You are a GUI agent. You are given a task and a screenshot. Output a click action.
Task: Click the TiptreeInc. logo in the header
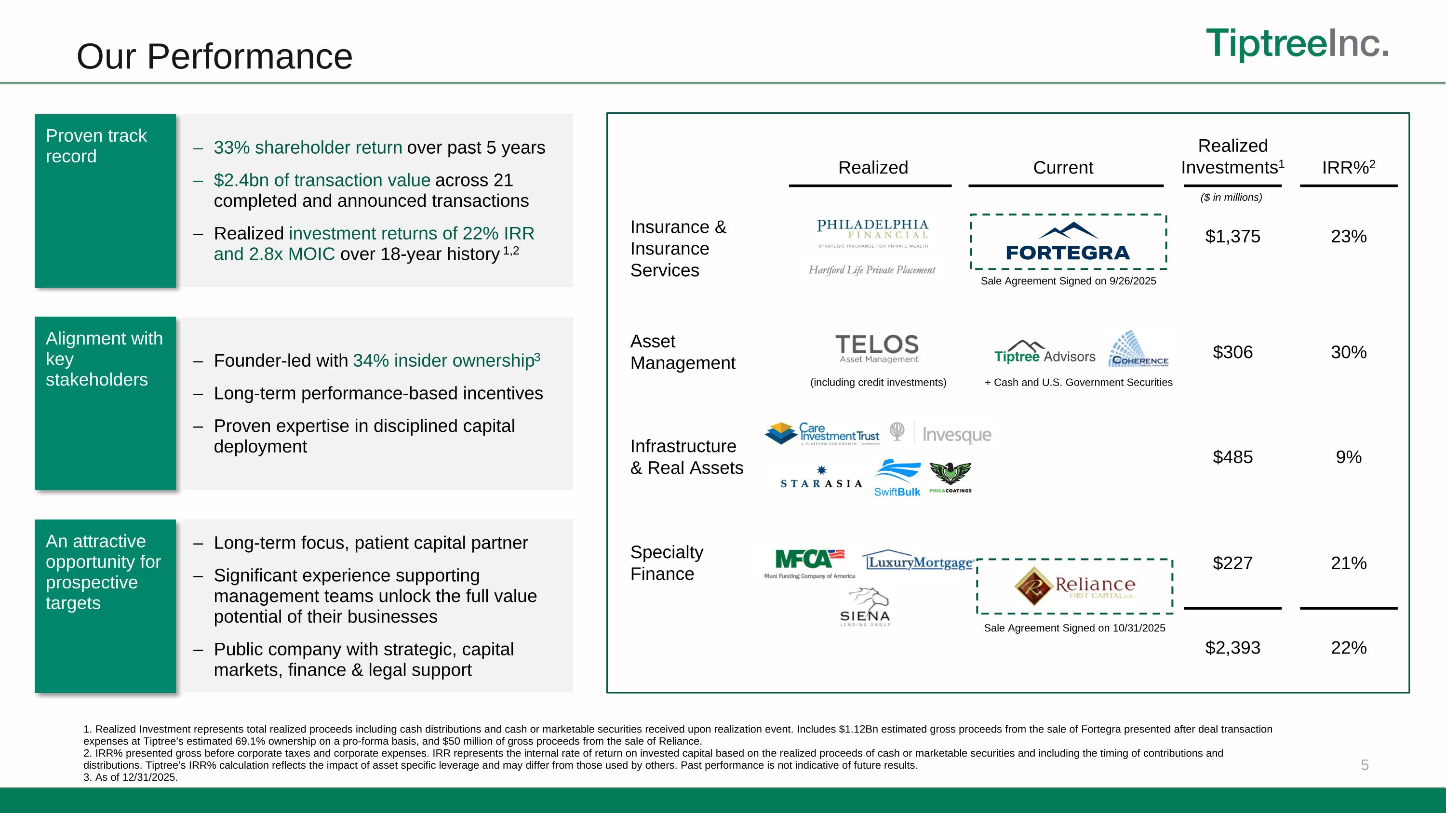click(x=1297, y=44)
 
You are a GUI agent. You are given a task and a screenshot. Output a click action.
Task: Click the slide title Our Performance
click(x=214, y=57)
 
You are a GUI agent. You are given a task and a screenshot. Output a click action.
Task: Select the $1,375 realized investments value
click(x=1232, y=236)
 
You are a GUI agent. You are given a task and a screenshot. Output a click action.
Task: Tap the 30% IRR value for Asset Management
click(x=1348, y=352)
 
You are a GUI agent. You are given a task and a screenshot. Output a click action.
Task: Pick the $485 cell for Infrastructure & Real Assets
click(x=1232, y=457)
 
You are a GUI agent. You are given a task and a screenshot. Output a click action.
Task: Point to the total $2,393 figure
click(x=1232, y=648)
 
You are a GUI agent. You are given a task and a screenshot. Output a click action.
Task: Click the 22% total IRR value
click(x=1348, y=648)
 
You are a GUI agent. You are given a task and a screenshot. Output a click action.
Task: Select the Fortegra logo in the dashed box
click(x=1068, y=242)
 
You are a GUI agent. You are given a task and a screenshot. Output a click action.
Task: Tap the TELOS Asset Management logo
click(x=877, y=348)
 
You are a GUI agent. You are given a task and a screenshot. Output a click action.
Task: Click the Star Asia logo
click(x=821, y=478)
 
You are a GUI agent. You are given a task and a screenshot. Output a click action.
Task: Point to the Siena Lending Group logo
click(x=865, y=608)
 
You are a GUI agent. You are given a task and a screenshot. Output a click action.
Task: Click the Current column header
click(x=1063, y=168)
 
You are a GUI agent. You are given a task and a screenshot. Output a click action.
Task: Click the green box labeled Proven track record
click(x=105, y=201)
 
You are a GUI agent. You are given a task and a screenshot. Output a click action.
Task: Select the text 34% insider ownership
click(x=446, y=360)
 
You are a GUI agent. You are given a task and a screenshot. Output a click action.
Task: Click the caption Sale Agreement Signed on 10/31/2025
click(x=1074, y=628)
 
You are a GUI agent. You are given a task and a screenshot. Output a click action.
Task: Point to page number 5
click(x=1365, y=765)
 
